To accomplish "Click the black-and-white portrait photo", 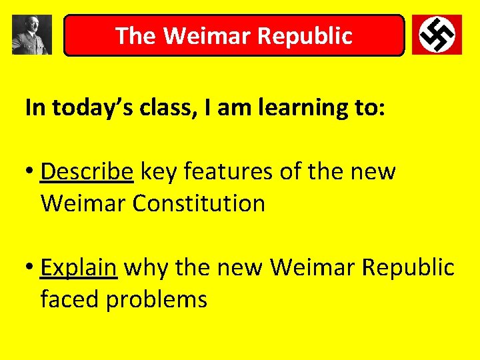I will [x=31, y=35].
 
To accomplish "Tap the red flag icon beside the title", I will [x=437, y=35].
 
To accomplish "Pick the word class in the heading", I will [x=161, y=108].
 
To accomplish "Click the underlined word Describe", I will [x=87, y=172].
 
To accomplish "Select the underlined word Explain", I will [x=79, y=268].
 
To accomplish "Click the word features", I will [x=228, y=172].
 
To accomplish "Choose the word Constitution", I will [x=199, y=203].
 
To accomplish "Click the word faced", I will [x=70, y=299].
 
